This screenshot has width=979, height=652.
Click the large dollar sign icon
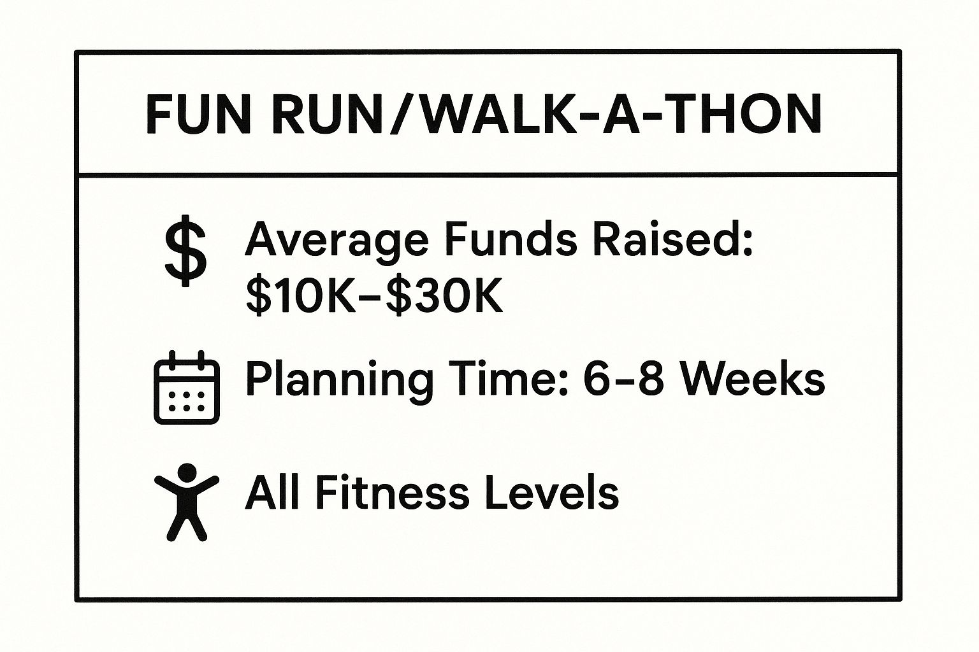click(185, 252)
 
